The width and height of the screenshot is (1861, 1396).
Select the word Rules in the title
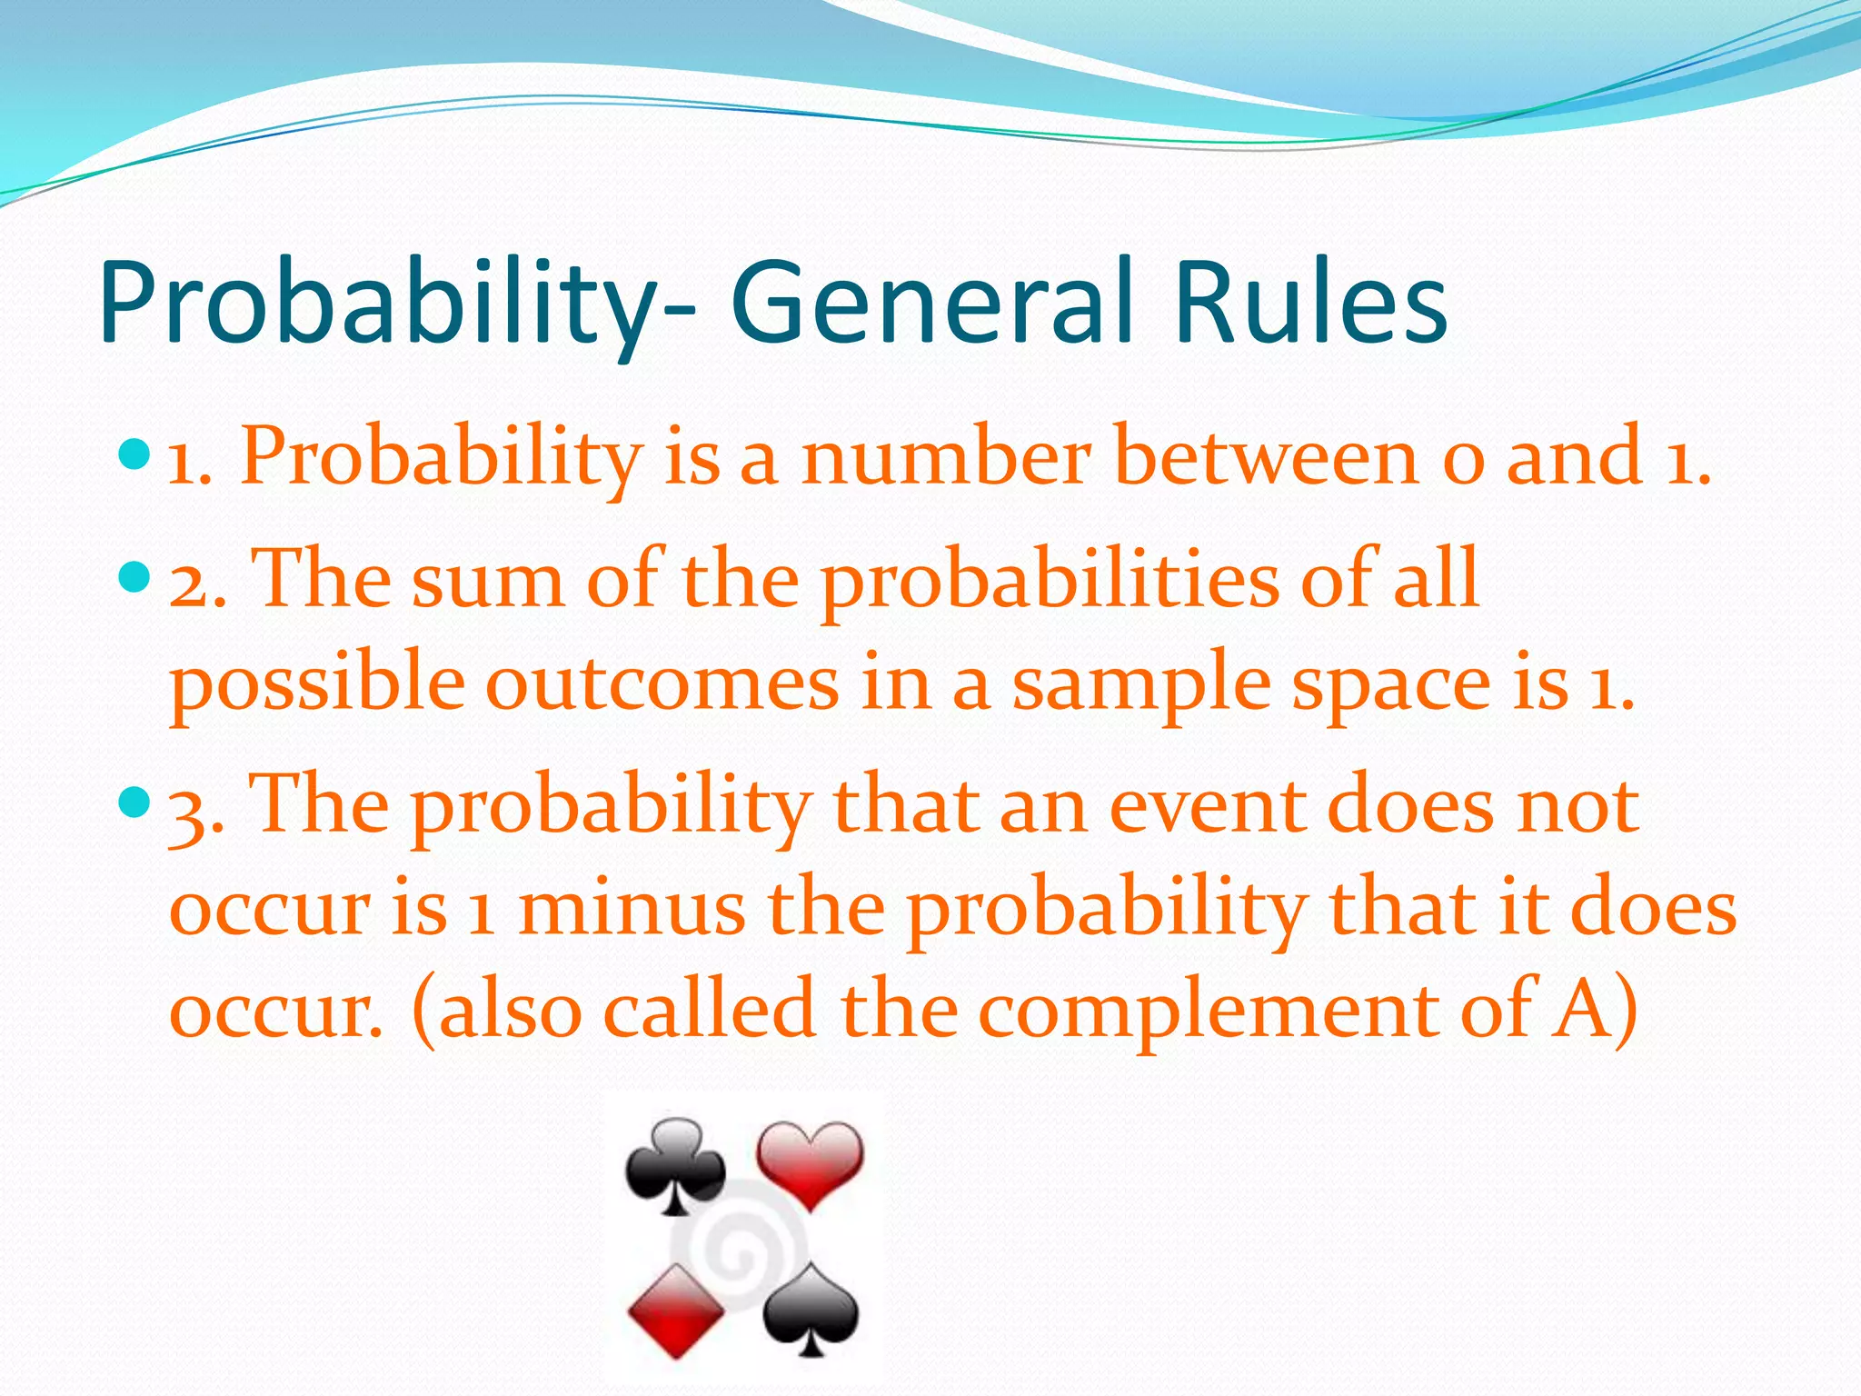[x=1309, y=303]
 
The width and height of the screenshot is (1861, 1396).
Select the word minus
[x=632, y=910]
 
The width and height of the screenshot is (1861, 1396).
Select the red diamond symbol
[x=675, y=1310]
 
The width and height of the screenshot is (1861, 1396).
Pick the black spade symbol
[x=810, y=1310]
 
